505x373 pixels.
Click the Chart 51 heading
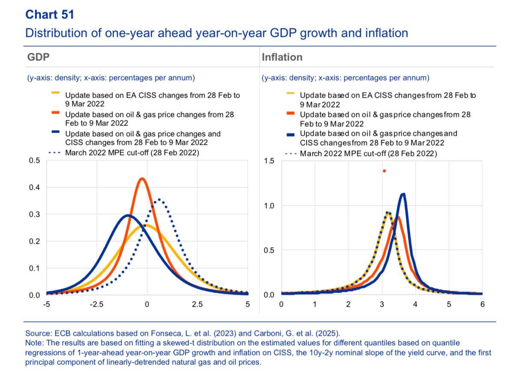coord(50,15)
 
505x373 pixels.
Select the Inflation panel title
coord(282,57)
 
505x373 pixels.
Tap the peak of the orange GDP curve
coord(142,179)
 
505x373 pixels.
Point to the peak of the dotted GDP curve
coord(159,199)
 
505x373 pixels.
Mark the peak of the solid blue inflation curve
coord(403,194)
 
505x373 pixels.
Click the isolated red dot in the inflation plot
coord(384,171)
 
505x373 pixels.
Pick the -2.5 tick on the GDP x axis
coord(96,304)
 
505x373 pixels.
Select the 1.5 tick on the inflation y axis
coord(270,161)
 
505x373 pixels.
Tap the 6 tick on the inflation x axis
coord(482,304)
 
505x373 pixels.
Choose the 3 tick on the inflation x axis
coord(382,304)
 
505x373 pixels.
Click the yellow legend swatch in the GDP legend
coord(56,92)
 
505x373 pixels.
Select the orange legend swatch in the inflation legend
coord(290,114)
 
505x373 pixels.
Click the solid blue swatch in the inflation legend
coord(290,134)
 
